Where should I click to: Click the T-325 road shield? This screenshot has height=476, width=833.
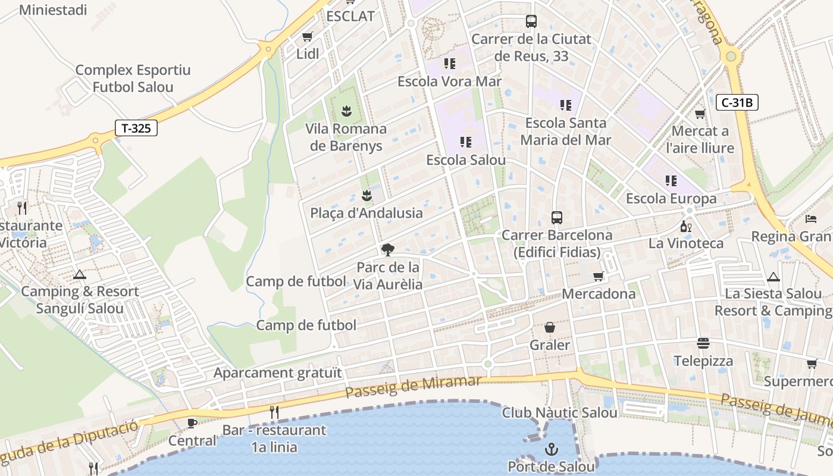(x=136, y=127)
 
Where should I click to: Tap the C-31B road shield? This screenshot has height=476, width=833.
(x=737, y=102)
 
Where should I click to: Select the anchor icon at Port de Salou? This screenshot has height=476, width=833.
(x=552, y=449)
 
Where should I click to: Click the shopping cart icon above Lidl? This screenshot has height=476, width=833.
(x=308, y=37)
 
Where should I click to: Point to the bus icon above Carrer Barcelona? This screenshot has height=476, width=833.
(x=557, y=217)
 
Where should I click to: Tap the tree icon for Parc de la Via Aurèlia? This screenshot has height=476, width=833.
(x=388, y=250)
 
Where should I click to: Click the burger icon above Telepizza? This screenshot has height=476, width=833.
(x=703, y=343)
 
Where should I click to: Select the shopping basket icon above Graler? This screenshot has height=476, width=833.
(x=550, y=328)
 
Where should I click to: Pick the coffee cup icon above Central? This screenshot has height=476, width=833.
(x=192, y=424)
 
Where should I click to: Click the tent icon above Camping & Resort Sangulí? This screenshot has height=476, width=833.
(x=80, y=275)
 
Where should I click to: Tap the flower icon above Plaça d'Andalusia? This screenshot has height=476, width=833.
(x=367, y=195)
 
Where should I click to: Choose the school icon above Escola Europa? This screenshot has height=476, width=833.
(x=671, y=180)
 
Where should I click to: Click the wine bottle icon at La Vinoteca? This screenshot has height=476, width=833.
(x=685, y=226)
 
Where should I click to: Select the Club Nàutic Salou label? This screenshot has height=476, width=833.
(x=559, y=412)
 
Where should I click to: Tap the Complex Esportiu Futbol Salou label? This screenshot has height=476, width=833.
(x=133, y=79)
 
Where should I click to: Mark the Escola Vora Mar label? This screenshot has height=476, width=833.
(x=449, y=81)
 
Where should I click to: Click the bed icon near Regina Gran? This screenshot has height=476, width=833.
(x=810, y=219)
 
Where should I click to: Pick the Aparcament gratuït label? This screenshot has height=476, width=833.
(x=278, y=373)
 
